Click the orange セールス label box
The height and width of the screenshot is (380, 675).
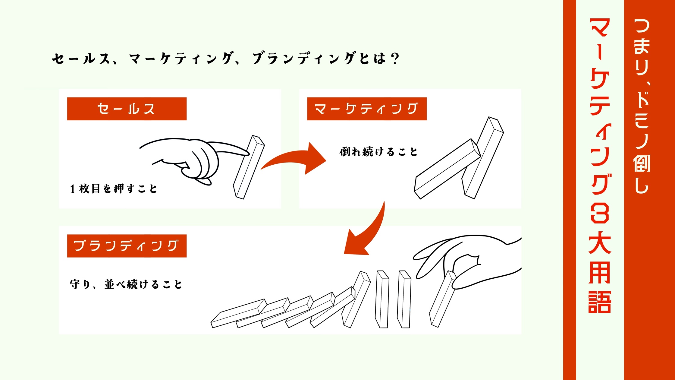pyautogui.click(x=127, y=109)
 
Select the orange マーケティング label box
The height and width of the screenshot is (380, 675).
pyautogui.click(x=367, y=109)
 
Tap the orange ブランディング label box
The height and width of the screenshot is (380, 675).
pyautogui.click(x=127, y=246)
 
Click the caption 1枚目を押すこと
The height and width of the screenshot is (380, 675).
pyautogui.click(x=113, y=189)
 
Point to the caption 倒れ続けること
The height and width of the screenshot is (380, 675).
pyautogui.click(x=378, y=152)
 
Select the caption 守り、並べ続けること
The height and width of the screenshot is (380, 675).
pyautogui.click(x=126, y=284)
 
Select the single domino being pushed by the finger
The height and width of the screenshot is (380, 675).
pyautogui.click(x=249, y=167)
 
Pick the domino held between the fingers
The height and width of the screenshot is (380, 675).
pyautogui.click(x=442, y=299)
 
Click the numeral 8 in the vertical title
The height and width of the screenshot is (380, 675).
pyautogui.click(x=600, y=213)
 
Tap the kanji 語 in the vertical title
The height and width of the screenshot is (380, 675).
pyautogui.click(x=600, y=302)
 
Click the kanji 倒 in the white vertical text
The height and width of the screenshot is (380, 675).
pyautogui.click(x=642, y=163)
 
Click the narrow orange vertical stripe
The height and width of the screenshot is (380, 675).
pyautogui.click(x=570, y=190)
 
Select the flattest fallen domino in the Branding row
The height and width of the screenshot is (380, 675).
pyautogui.click(x=239, y=313)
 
